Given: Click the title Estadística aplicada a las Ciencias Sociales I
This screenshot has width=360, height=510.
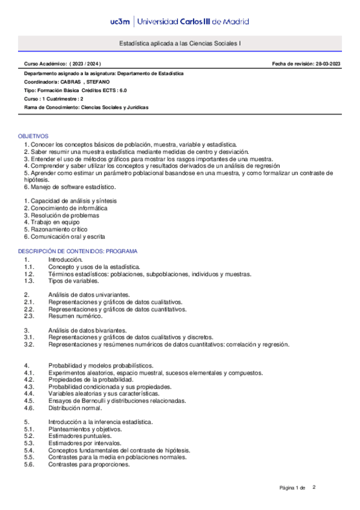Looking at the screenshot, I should click(x=180, y=44).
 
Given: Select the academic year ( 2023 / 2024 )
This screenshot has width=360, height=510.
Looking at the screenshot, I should click(x=85, y=64).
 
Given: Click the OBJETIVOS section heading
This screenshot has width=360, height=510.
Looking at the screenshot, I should click(x=33, y=137).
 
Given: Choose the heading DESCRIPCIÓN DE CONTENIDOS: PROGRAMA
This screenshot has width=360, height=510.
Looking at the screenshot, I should click(x=78, y=251).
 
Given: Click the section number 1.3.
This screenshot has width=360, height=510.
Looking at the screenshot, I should click(x=29, y=281).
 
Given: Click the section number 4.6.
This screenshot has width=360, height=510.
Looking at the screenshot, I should click(x=29, y=408).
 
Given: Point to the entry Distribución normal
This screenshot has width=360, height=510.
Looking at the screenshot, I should click(x=75, y=408).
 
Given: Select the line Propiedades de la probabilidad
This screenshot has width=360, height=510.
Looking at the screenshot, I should click(x=90, y=380).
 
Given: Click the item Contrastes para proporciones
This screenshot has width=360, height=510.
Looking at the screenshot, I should click(x=89, y=464).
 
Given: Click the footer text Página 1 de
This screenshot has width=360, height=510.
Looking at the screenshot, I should click(x=293, y=487).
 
